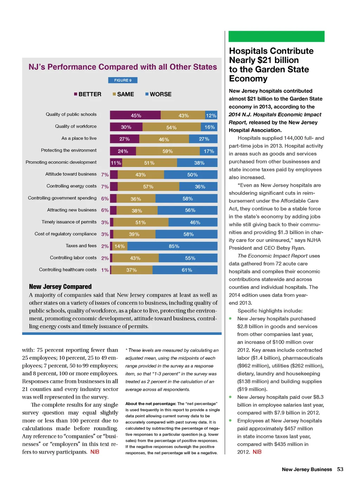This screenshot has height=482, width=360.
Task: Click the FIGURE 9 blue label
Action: [x=123, y=80]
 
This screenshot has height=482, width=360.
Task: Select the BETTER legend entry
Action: [x=88, y=94]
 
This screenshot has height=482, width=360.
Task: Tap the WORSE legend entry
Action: [x=159, y=94]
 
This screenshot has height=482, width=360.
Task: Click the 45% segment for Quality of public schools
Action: [x=135, y=115]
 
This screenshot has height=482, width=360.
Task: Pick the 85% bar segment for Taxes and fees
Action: [x=174, y=246]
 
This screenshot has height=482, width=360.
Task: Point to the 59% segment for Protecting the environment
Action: [x=168, y=151]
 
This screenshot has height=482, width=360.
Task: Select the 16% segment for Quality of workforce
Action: [x=210, y=127]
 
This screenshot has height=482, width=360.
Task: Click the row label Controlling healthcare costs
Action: [x=67, y=270]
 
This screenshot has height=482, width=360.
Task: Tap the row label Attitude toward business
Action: [x=71, y=174]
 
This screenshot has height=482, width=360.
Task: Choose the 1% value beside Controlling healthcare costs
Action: [x=105, y=270]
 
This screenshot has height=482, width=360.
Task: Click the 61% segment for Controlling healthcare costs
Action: [x=187, y=270]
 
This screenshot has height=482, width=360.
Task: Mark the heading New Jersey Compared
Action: [x=60, y=287]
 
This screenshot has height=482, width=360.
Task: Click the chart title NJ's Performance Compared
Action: [x=123, y=67]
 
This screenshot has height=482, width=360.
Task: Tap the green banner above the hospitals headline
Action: [x=276, y=36]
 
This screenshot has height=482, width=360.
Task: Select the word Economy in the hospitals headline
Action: [x=248, y=79]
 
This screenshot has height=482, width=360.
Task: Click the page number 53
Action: [x=340, y=469]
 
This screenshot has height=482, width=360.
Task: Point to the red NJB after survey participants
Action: [x=95, y=452]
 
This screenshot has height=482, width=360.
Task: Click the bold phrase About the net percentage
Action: [x=150, y=404]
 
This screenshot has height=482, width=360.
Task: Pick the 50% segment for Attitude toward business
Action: [x=192, y=175]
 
